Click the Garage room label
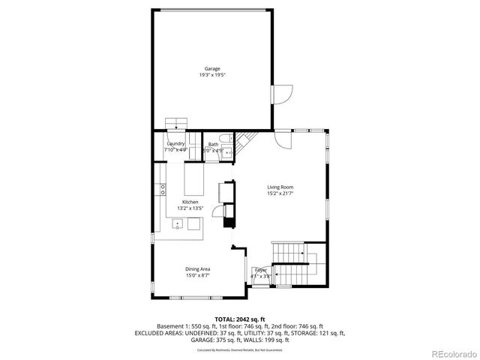pyautogui.click(x=212, y=69)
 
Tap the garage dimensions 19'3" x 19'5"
pyautogui.click(x=212, y=75)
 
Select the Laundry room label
pyautogui.click(x=175, y=144)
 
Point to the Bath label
pyautogui.click(x=214, y=144)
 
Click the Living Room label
pyautogui.click(x=280, y=187)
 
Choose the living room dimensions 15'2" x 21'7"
pyautogui.click(x=280, y=193)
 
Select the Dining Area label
pyautogui.click(x=197, y=268)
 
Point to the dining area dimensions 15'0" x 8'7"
pyautogui.click(x=197, y=275)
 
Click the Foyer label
pyautogui.click(x=260, y=269)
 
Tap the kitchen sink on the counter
pyautogui.click(x=177, y=223)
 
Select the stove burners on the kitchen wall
pyautogui.click(x=162, y=190)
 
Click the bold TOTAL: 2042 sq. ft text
pyautogui.click(x=240, y=319)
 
